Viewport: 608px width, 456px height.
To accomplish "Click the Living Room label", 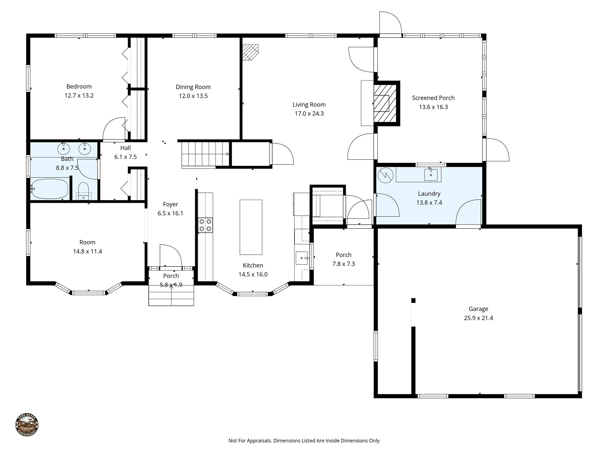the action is pos(309,104).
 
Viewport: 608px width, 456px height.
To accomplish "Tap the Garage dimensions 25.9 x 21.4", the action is pos(478,318).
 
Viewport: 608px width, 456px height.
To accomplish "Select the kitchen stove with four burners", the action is pos(205,225).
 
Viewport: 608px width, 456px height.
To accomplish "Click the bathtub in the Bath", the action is pos(50,189).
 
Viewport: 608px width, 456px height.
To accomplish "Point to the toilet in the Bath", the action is pos(83,191).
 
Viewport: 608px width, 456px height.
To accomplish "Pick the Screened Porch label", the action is pos(433,98).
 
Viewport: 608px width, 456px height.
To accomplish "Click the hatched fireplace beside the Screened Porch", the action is pos(385,103).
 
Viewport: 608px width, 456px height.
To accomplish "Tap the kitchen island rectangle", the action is pos(251,227).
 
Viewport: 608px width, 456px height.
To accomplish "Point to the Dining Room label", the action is pos(193,87).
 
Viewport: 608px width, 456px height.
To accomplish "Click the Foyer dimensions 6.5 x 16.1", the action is pos(170,213).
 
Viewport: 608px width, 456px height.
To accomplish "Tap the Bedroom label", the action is pos(79,86).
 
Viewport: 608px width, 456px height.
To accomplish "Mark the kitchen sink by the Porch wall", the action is pos(302,258).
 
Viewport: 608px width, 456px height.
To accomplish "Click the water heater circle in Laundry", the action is pos(385,175).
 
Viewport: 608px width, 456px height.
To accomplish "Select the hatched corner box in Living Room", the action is pos(250,52).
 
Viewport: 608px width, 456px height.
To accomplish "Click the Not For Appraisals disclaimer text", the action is pos(304,441).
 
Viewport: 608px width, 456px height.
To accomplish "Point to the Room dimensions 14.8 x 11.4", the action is pos(88,251).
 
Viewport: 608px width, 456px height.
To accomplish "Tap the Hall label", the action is pos(126,148).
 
